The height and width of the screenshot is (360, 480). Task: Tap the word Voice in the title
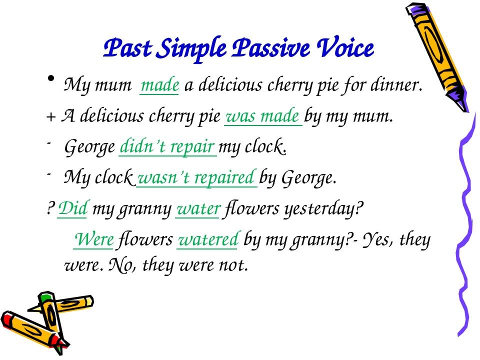click(347, 49)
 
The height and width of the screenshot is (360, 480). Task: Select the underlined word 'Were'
click(94, 240)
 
